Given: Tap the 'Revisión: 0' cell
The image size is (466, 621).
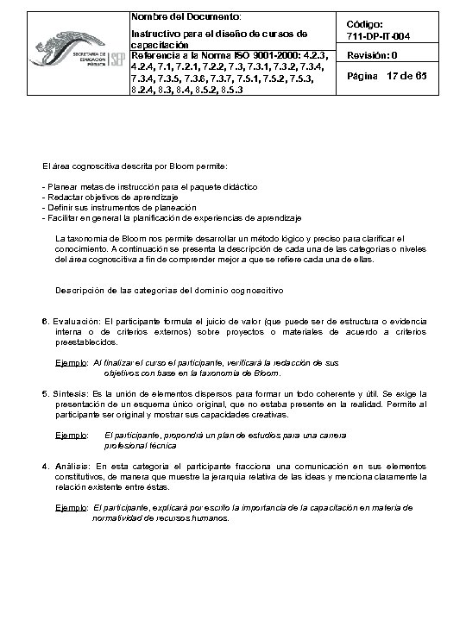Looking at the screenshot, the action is (372, 56).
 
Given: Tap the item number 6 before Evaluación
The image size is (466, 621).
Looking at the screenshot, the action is (44, 321).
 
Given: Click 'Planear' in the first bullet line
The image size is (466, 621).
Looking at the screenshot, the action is (61, 187).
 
